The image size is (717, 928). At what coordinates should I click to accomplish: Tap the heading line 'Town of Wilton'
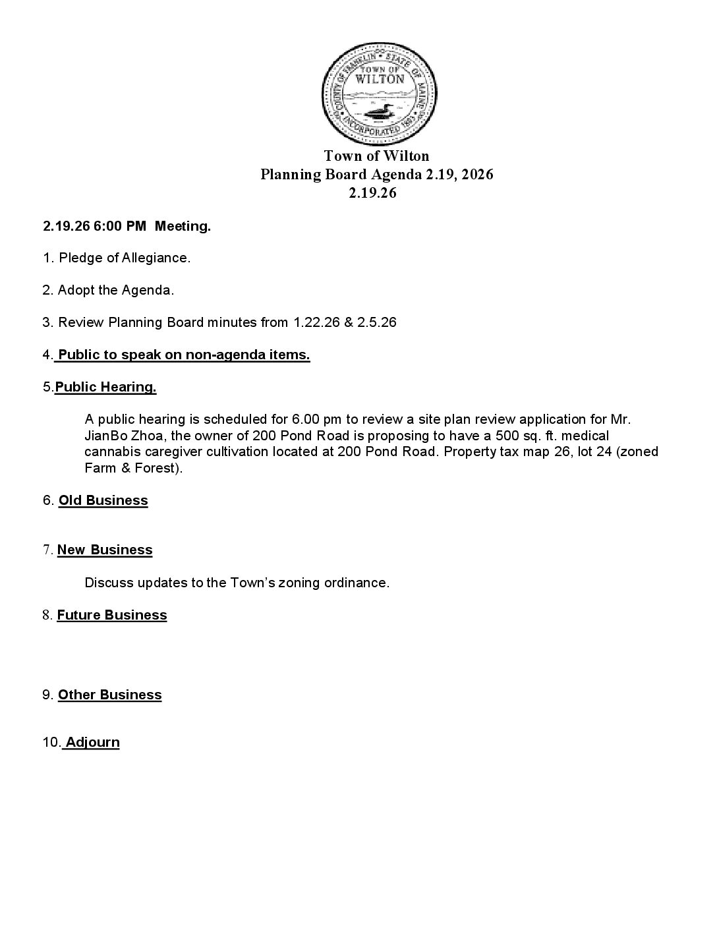[x=376, y=156]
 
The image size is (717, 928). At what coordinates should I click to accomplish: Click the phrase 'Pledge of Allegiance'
[x=124, y=258]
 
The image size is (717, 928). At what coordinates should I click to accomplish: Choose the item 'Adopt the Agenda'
[x=115, y=290]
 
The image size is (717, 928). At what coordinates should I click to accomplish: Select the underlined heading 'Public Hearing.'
[x=105, y=387]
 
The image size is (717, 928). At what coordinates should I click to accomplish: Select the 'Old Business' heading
[x=103, y=500]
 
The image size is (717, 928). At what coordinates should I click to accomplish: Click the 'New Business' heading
[x=105, y=550]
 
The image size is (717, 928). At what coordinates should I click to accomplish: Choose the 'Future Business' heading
[x=112, y=615]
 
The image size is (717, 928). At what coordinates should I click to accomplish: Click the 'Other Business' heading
[x=109, y=695]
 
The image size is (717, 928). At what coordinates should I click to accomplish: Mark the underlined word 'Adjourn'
[x=92, y=742]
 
